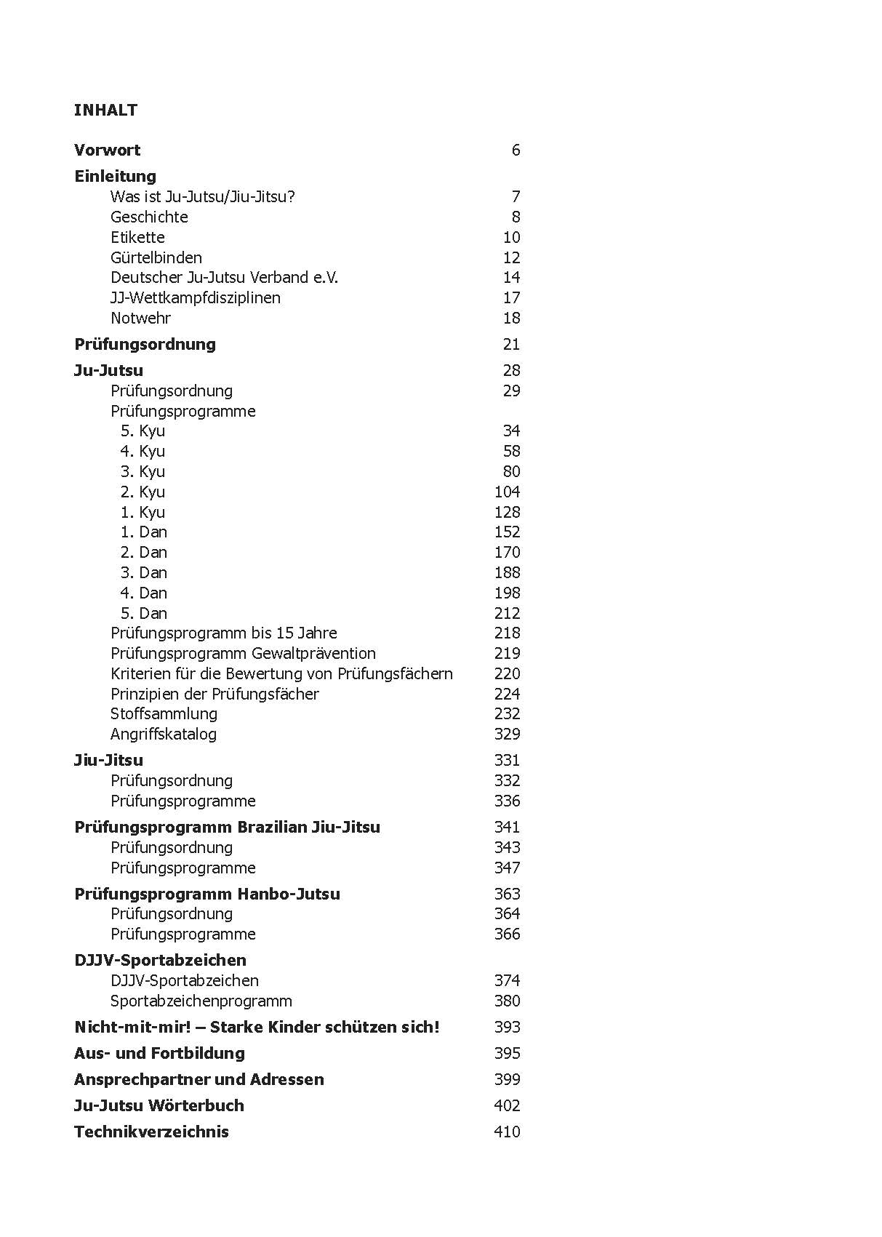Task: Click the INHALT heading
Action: [105, 110]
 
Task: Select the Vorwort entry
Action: [108, 151]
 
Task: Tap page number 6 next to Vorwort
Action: [516, 151]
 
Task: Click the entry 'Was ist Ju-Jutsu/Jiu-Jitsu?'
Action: [203, 196]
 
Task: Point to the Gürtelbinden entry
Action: [156, 257]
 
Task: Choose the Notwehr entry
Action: [140, 318]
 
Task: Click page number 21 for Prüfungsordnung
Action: [511, 344]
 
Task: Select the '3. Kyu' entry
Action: [143, 471]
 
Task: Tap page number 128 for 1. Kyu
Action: [507, 512]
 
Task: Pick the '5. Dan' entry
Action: [143, 613]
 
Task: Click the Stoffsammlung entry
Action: [164, 713]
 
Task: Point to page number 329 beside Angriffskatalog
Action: [507, 734]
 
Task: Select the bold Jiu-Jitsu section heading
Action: [108, 760]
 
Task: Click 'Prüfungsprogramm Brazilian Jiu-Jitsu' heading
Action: [227, 827]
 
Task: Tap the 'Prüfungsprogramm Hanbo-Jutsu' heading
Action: [207, 894]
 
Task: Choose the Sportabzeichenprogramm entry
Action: [201, 1001]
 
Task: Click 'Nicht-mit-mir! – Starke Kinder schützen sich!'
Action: [257, 1027]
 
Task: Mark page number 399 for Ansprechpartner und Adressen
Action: [507, 1079]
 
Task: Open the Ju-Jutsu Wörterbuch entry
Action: [159, 1105]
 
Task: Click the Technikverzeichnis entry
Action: [151, 1132]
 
